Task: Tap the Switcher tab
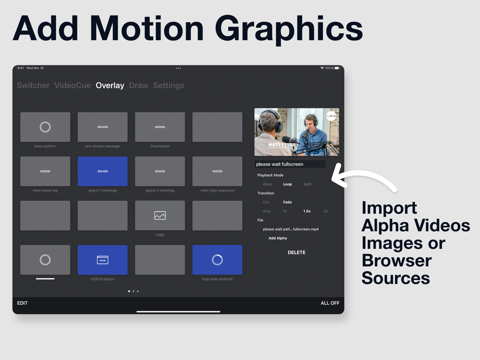33,85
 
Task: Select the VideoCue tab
73,85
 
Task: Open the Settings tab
168,85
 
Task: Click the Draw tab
138,85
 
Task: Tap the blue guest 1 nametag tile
103,171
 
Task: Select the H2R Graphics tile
103,260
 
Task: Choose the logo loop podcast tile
217,260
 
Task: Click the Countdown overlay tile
160,127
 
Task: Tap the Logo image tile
160,216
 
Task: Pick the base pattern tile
45,127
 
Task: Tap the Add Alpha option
277,238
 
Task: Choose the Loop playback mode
287,184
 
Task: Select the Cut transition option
266,202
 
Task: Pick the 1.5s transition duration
307,211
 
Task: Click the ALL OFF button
330,303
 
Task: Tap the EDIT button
22,303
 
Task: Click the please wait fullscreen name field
290,164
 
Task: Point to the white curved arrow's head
334,179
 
